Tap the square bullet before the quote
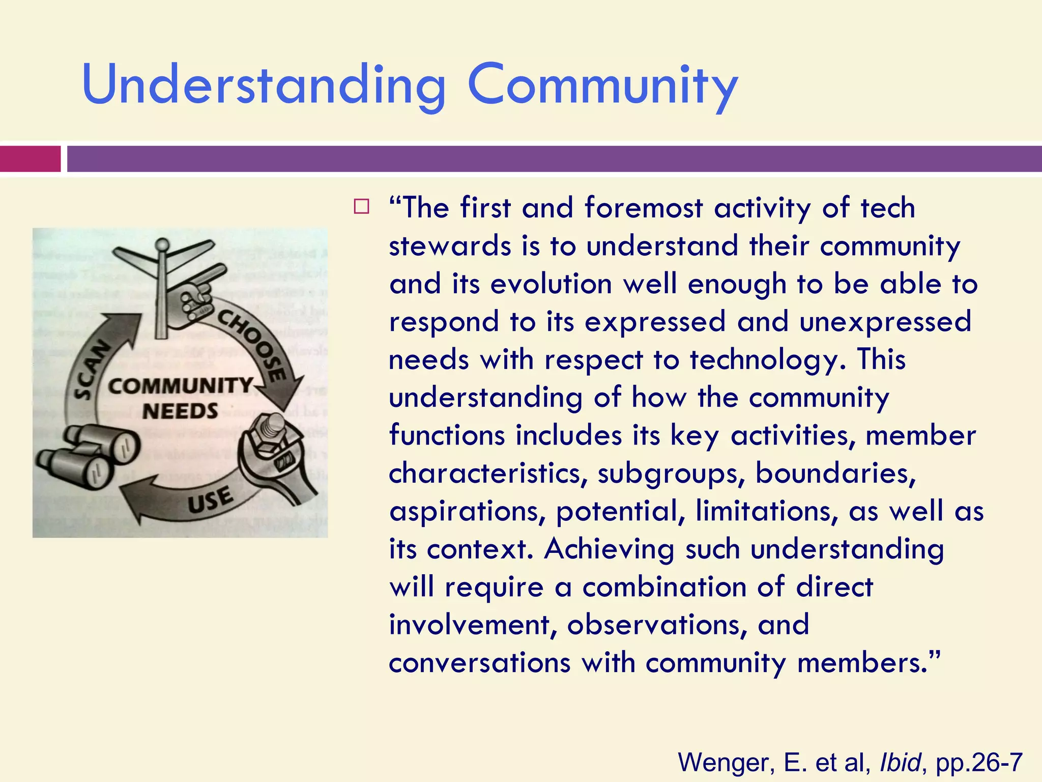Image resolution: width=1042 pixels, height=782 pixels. coord(361,207)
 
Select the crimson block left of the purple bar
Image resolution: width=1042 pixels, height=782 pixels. coord(30,159)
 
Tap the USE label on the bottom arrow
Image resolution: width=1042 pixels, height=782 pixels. coord(210,500)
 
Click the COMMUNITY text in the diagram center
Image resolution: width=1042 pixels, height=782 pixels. coord(180,386)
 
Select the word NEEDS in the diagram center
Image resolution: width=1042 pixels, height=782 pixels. coord(180,411)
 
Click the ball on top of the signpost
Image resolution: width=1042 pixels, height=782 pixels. coord(162,246)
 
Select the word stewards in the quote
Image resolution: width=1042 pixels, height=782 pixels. coord(450,246)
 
